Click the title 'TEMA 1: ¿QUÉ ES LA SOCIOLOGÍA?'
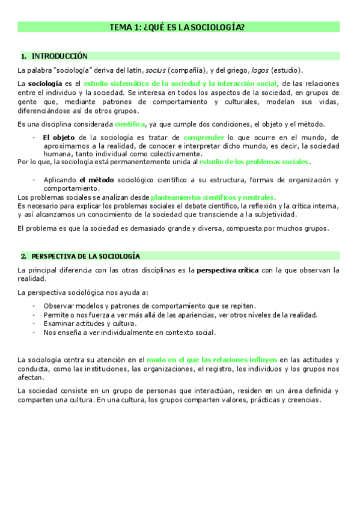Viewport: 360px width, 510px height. pyautogui.click(x=177, y=27)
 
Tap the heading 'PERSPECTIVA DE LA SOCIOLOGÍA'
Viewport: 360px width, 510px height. pyautogui.click(x=86, y=256)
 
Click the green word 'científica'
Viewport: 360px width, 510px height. pyautogui.click(x=130, y=124)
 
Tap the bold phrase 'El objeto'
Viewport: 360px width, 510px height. pyautogui.click(x=59, y=138)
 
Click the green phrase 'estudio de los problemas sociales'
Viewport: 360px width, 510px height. pyautogui.click(x=254, y=162)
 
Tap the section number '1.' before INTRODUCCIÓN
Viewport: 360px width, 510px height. pyautogui.click(x=23, y=56)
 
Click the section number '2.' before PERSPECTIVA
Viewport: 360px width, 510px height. pyautogui.click(x=23, y=256)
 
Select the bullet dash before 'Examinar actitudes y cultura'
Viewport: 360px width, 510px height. pyautogui.click(x=34, y=324)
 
